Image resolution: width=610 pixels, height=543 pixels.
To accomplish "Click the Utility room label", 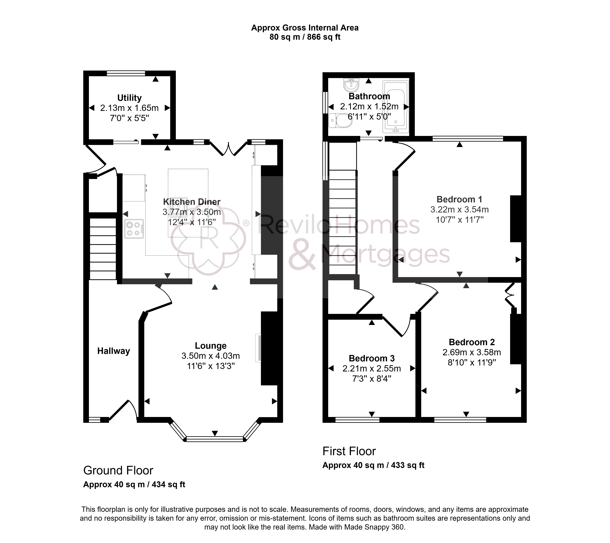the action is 129,98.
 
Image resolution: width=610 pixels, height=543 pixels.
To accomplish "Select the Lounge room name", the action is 211,346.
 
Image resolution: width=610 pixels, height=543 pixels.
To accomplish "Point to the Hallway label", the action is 114,351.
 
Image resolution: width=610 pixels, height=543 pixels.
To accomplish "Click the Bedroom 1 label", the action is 459,199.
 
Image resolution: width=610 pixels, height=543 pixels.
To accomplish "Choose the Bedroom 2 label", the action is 472,342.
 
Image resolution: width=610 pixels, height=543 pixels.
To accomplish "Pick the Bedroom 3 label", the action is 372,358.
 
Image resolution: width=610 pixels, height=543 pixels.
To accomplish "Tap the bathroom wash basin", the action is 351,85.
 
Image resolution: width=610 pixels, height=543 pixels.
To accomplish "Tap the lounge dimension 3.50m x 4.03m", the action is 211,356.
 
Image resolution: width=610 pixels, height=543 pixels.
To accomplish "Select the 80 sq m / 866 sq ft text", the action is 305,37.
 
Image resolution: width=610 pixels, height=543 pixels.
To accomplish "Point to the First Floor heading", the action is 349,451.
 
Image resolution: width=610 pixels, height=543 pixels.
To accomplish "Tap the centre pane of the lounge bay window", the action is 215,439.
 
